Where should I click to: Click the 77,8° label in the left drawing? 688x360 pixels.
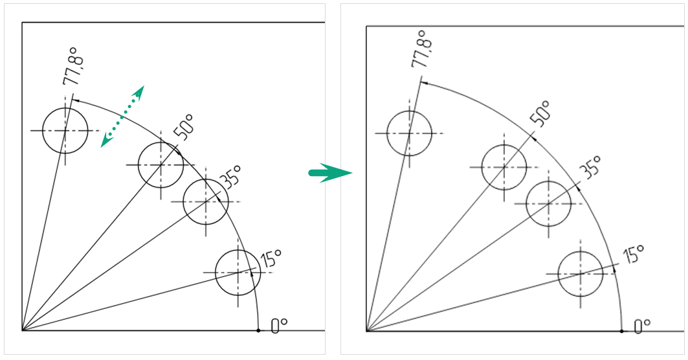coord(74,67)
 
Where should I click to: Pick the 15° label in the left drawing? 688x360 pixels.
coord(271,258)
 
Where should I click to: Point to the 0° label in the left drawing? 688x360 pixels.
coord(279,325)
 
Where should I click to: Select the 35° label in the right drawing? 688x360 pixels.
coord(589,167)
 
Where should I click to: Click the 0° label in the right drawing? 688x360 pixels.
coord(641,326)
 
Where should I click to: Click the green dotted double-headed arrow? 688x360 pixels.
coord(122,116)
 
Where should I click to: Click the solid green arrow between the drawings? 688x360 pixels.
coord(330,173)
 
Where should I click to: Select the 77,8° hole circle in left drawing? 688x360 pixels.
coord(65,130)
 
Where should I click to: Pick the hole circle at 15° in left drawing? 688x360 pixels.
coord(238,273)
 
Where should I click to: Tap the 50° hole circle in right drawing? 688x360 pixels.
coord(504,166)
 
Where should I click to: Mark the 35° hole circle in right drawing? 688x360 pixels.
coord(549,203)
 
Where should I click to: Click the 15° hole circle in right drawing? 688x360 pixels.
coord(581,274)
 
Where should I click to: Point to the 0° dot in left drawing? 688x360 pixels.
coord(258,330)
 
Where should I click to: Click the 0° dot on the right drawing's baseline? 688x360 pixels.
coord(622,331)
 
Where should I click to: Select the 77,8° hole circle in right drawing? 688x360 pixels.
coord(409,133)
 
